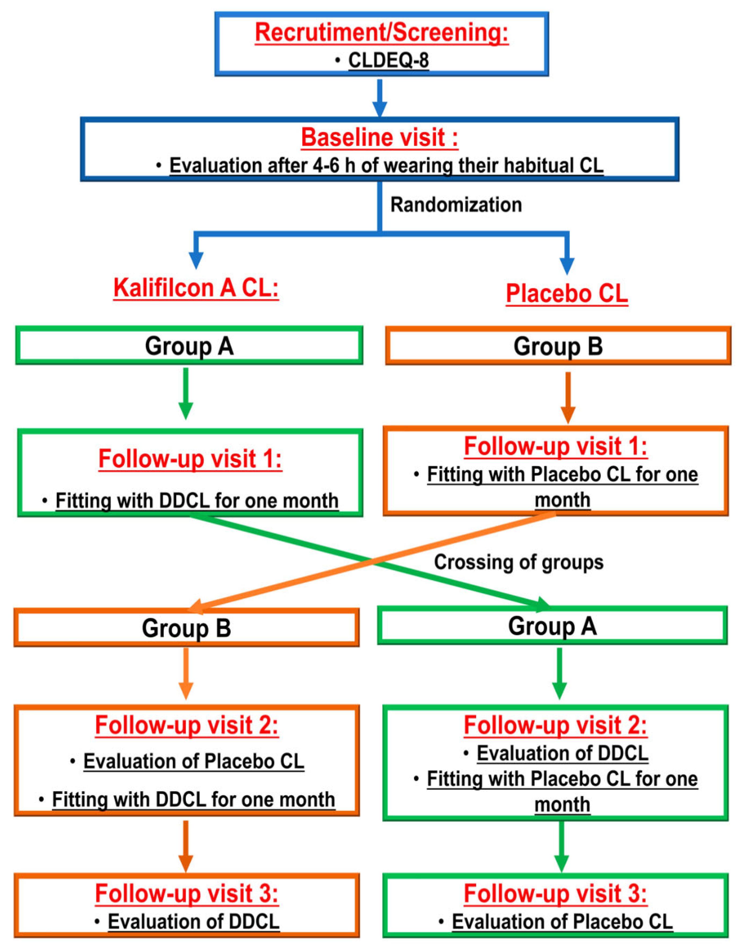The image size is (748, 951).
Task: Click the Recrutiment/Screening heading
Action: [382, 33]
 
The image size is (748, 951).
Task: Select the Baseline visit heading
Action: [379, 137]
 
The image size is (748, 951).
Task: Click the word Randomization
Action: [456, 205]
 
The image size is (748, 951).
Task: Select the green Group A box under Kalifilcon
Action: [189, 346]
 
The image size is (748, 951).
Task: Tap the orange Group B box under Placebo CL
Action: [558, 346]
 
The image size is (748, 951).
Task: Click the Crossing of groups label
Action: [518, 562]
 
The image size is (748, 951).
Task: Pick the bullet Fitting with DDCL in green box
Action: [197, 501]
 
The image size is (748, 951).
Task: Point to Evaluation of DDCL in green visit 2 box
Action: [562, 754]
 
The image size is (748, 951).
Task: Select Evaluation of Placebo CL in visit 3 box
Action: [562, 922]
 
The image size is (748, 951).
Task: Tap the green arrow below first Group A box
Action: [186, 394]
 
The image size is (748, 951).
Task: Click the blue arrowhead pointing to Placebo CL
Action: [567, 266]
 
